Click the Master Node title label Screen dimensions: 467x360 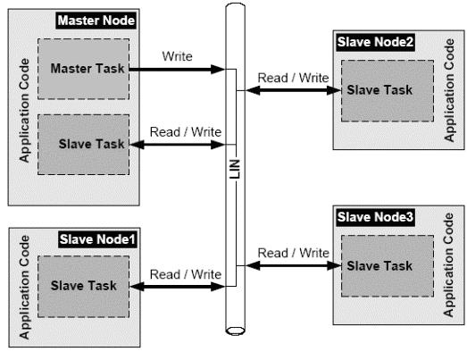(x=96, y=21)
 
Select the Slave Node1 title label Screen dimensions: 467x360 (x=97, y=239)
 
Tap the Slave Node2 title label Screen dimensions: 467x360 (x=375, y=42)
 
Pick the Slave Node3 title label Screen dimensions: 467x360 (x=375, y=217)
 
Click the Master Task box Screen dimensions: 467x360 (x=83, y=69)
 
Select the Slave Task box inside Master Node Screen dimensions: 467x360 (x=83, y=145)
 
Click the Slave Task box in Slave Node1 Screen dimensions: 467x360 (x=83, y=287)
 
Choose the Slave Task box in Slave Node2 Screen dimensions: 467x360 (x=388, y=90)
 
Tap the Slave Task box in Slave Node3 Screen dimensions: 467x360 (x=388, y=266)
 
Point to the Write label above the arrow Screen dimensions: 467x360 (x=177, y=56)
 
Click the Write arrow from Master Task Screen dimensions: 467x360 (x=177, y=70)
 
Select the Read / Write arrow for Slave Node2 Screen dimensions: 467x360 (x=294, y=90)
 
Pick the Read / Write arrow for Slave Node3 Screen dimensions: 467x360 (x=294, y=265)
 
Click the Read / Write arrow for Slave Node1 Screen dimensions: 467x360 (x=177, y=287)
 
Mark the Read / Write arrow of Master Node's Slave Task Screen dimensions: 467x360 (x=177, y=145)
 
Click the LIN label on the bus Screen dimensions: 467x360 (x=235, y=169)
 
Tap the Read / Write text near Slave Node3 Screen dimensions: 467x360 (x=294, y=253)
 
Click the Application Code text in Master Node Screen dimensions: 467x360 (x=24, y=110)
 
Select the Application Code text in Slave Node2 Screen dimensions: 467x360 (x=449, y=90)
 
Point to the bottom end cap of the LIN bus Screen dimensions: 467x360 (x=236, y=331)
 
